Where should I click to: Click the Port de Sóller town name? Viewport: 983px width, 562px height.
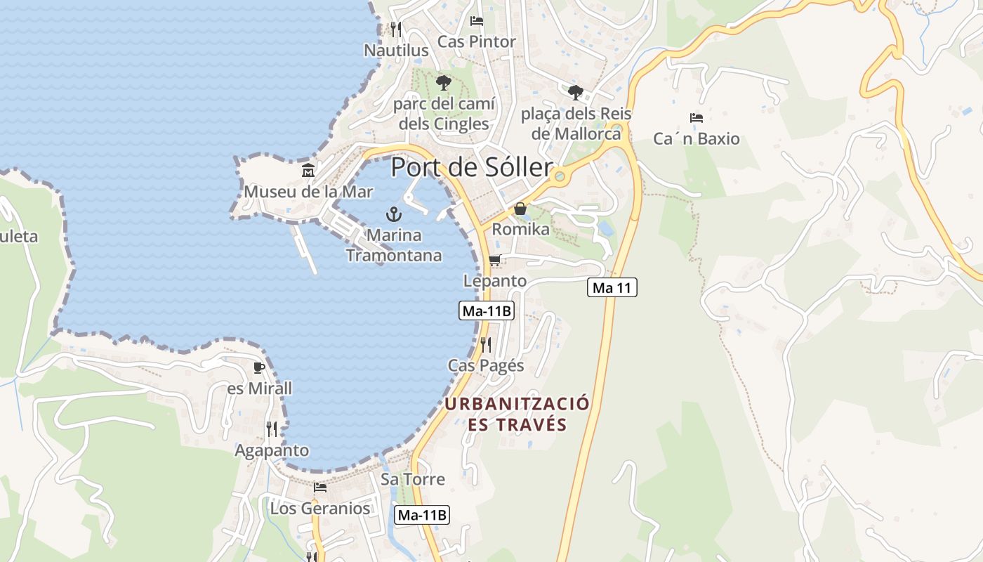pos(472,167)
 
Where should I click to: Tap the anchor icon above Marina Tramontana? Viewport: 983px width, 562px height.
pos(394,214)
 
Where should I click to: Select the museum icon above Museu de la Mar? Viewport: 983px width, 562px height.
pos(308,170)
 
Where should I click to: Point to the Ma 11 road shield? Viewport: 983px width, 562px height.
pos(612,287)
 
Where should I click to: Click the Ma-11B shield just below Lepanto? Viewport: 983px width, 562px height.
pos(487,311)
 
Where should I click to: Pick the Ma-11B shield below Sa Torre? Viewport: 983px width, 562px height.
pos(421,515)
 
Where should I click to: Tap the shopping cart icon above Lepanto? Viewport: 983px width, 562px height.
pos(494,261)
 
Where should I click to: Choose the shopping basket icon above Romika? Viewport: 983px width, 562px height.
pos(520,209)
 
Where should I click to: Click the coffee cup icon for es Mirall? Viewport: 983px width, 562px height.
pos(259,367)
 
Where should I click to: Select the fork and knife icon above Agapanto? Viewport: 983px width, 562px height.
pos(272,429)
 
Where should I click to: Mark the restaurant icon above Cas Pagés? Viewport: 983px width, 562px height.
pos(485,344)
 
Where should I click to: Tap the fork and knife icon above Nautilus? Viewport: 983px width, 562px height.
pos(396,29)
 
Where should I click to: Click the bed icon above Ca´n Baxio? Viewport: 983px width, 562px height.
pos(697,117)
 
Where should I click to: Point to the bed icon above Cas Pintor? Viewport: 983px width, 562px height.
pos(477,20)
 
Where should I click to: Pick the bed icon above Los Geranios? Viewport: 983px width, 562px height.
pos(320,487)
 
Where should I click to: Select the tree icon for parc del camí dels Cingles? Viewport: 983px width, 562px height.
pos(443,83)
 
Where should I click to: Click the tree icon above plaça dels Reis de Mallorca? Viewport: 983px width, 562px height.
pos(576,92)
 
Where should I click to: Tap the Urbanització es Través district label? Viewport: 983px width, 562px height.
pos(517,414)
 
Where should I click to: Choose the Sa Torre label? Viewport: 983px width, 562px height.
pos(413,479)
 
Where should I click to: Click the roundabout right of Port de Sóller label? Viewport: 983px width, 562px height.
pos(560,176)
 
